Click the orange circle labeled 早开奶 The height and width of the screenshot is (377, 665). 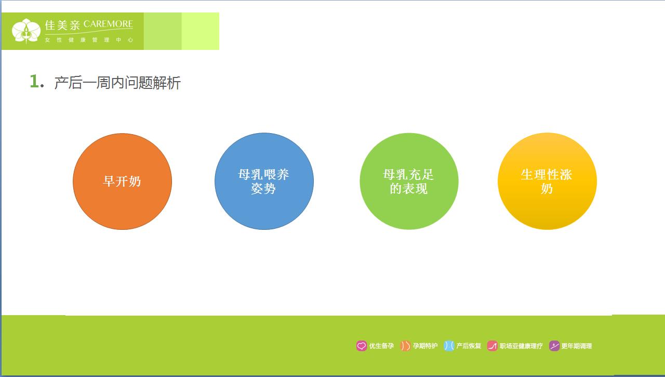coord(122,181)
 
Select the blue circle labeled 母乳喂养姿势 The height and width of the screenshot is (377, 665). coord(264,181)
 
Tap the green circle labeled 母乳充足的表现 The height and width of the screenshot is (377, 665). coord(409,181)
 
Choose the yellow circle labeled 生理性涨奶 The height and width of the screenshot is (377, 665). coord(547,181)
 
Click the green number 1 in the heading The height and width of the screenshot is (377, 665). coord(34,82)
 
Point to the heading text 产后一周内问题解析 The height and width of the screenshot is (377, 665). coord(117,83)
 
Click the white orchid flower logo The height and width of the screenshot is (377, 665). coord(26,31)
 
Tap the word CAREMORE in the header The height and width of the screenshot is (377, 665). coord(108,24)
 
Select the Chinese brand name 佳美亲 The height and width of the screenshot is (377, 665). coord(62,25)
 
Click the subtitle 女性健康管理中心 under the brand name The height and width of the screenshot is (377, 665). coord(89,40)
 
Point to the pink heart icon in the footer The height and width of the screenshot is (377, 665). coord(362,346)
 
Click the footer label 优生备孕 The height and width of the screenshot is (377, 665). coord(381,346)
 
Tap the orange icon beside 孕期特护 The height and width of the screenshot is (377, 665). coord(405,346)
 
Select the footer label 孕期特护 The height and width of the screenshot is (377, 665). coord(425,346)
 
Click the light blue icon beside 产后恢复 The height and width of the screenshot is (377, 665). coord(449,346)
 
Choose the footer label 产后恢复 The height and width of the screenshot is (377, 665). coord(469,346)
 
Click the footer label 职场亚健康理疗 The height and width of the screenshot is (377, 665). coord(521,346)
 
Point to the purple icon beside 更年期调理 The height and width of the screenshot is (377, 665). coord(554,346)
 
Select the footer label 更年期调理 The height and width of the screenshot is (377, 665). coord(577,346)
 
